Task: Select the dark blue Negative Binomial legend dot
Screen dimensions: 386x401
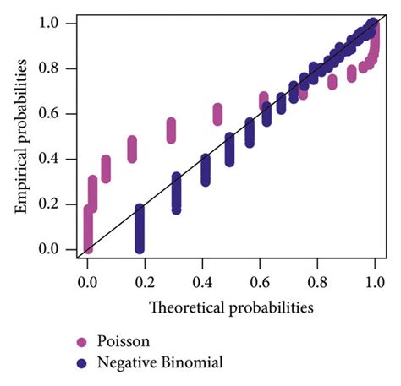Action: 81,364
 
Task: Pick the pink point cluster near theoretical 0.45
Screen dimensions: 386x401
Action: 217,113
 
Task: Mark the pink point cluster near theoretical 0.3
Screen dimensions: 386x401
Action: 172,130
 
